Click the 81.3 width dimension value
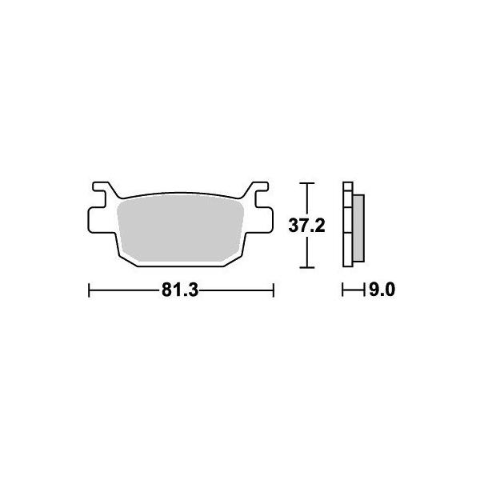tap(180, 290)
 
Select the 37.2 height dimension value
tap(306, 226)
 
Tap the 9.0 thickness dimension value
tap(382, 290)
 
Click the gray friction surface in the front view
tap(181, 228)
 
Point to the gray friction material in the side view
tap(358, 228)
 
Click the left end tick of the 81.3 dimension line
tap(89, 290)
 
